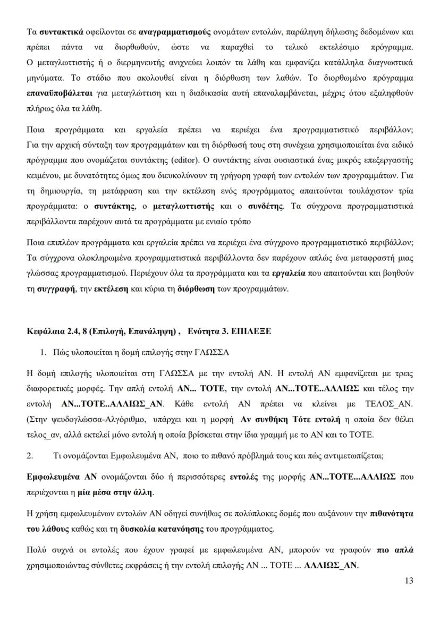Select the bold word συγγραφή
[55, 289]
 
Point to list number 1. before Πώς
[44, 353]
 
